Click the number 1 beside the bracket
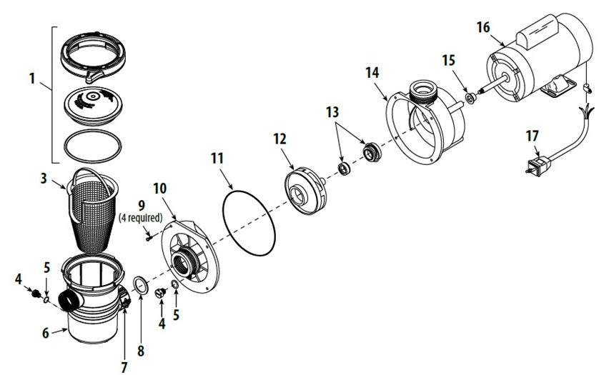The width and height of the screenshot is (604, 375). (x=31, y=79)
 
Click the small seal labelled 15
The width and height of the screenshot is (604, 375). (x=470, y=97)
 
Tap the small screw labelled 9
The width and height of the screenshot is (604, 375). (x=148, y=237)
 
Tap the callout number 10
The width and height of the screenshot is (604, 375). (x=160, y=189)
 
